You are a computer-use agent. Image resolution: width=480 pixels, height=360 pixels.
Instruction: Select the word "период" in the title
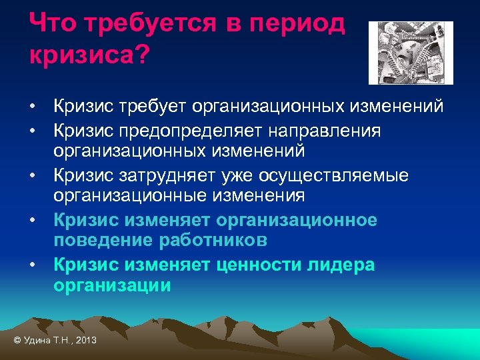pos(301,25)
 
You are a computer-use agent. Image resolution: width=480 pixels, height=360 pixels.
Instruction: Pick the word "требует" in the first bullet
pos(155,107)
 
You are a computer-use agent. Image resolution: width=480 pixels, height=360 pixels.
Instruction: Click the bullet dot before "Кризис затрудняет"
pos(32,176)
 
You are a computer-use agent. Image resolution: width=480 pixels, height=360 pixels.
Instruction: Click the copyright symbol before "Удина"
pos(17,341)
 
